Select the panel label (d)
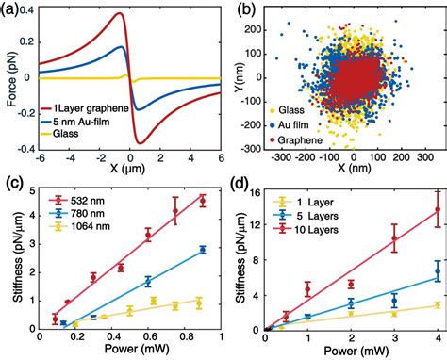click(241, 184)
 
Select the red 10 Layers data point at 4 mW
click(437, 211)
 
